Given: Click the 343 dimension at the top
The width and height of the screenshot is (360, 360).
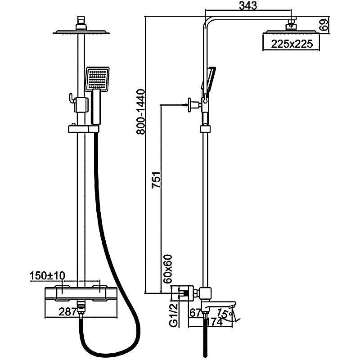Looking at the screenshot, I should pos(248,6).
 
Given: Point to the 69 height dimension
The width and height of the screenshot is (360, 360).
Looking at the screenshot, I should pos(324,24).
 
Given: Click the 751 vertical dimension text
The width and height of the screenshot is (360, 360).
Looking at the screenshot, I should pos(157,180).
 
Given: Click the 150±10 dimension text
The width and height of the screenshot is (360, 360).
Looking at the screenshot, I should pos(47,275).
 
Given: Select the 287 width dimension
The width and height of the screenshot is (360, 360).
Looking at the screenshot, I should pos(68,311).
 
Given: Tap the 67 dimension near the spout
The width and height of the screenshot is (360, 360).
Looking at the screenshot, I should pos(195,312).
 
